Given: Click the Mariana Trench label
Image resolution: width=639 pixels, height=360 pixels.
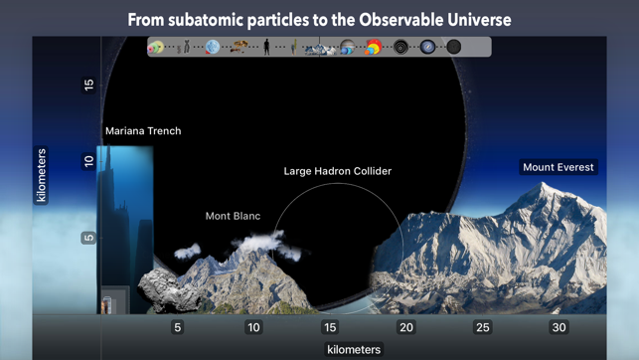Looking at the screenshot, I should click(143, 130).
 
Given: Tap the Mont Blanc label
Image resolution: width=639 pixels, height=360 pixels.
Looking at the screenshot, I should click(233, 216).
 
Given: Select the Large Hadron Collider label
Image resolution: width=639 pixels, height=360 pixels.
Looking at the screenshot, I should click(337, 171).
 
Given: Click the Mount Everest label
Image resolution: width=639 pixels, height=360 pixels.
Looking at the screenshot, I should click(558, 167).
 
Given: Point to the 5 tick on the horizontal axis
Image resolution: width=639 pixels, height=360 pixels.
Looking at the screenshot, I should click(178, 327).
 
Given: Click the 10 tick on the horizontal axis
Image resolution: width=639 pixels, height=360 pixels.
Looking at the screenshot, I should click(253, 327).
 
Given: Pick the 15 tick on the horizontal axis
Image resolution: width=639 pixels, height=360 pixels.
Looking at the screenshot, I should click(330, 327).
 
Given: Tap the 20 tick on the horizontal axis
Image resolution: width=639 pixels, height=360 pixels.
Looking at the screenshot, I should click(405, 327).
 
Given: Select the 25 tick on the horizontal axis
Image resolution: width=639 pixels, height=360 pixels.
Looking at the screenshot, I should click(482, 327).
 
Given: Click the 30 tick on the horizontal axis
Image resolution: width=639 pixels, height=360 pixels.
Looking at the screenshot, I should click(559, 327).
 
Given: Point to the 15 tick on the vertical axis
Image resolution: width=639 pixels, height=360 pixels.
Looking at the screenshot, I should click(88, 86).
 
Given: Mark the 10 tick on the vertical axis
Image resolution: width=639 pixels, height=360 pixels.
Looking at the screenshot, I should click(88, 161).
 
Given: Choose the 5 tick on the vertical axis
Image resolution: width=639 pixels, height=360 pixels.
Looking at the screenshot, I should click(88, 238).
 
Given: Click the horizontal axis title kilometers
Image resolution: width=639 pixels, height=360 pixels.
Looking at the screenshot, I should click(353, 349).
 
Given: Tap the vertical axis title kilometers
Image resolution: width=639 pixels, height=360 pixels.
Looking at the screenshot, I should click(42, 176).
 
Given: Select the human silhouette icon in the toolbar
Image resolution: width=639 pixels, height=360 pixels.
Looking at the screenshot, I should click(267, 47).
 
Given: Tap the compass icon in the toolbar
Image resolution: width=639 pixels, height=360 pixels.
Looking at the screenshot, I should click(427, 47).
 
